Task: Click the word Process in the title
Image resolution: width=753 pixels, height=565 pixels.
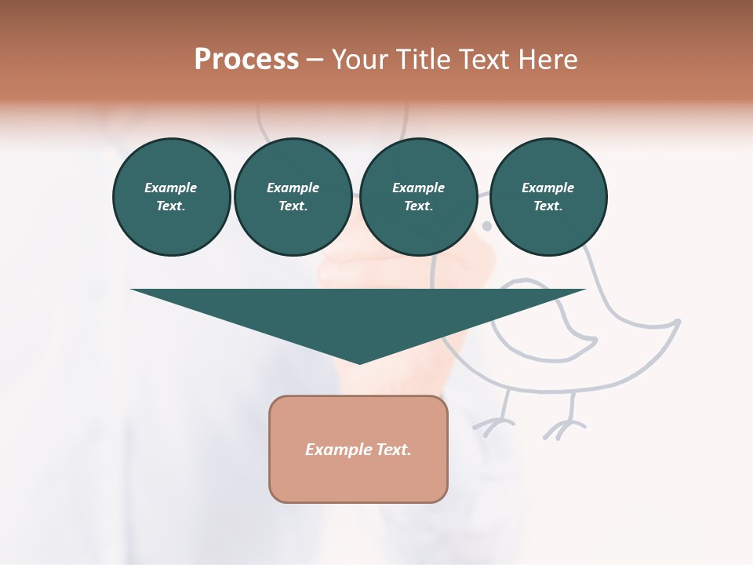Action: tap(246, 60)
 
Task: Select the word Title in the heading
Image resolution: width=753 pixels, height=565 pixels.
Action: tap(424, 60)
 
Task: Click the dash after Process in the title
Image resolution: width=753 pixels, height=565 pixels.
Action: tap(315, 61)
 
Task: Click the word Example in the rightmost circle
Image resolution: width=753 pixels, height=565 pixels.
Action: tap(548, 188)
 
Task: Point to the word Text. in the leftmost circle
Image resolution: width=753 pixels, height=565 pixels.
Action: tap(171, 206)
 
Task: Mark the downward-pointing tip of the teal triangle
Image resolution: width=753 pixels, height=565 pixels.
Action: tap(359, 362)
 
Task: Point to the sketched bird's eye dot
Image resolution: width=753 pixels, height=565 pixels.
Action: tap(486, 226)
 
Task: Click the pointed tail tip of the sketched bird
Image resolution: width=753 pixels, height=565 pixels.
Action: tap(678, 321)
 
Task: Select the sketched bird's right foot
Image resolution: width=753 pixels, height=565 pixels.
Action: tap(563, 428)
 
